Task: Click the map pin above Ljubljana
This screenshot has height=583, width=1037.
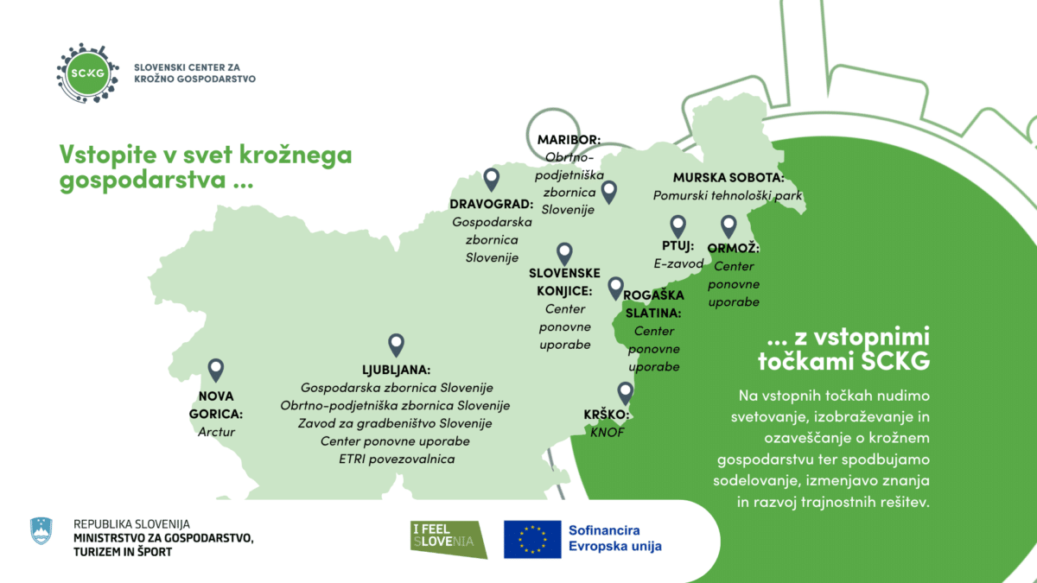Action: point(397,345)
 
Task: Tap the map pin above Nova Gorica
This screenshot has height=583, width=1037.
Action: point(215,371)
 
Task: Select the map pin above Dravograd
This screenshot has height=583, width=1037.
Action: point(492,179)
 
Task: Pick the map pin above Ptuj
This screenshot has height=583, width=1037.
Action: point(678,226)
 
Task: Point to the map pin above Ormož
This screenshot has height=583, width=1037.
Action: point(728,226)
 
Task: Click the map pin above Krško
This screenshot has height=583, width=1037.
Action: point(625,394)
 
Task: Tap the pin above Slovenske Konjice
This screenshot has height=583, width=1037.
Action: point(564,253)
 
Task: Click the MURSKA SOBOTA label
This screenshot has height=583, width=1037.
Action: point(728,177)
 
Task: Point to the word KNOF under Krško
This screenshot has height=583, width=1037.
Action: point(607,433)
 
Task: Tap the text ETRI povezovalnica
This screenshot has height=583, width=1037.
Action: point(396,459)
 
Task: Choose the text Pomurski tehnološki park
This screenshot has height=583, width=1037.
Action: point(728,196)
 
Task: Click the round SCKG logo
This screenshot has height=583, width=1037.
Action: point(86,72)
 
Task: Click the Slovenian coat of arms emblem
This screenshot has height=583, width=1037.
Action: point(41,530)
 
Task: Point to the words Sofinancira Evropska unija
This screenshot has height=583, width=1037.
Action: point(614,538)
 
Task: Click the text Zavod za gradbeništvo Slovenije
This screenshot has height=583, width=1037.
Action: point(395,423)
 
